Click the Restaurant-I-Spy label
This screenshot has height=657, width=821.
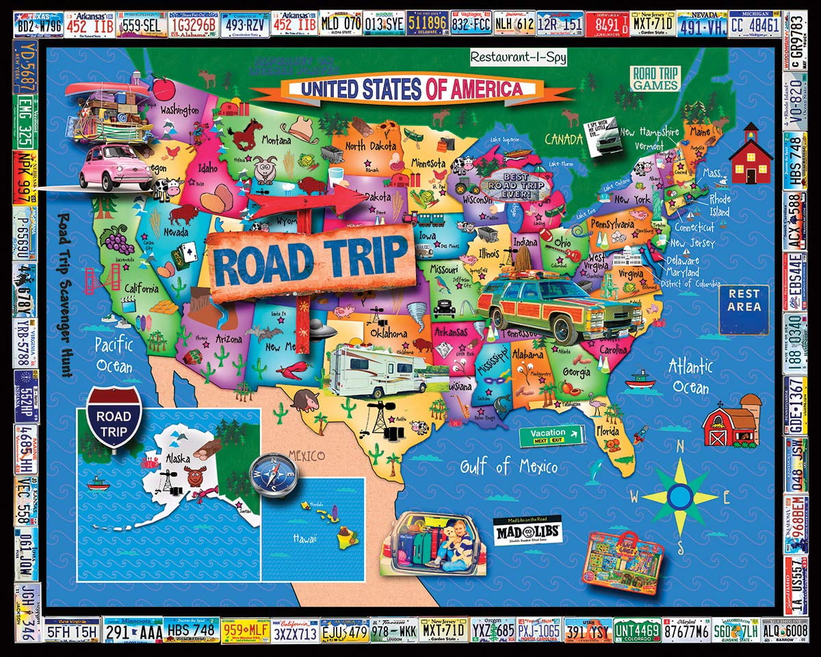tap(518, 57)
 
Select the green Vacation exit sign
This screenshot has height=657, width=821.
tap(551, 435)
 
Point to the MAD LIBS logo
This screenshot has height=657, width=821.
tap(518, 532)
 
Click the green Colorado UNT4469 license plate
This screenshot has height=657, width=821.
tap(637, 630)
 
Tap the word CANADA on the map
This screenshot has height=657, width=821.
tap(562, 139)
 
